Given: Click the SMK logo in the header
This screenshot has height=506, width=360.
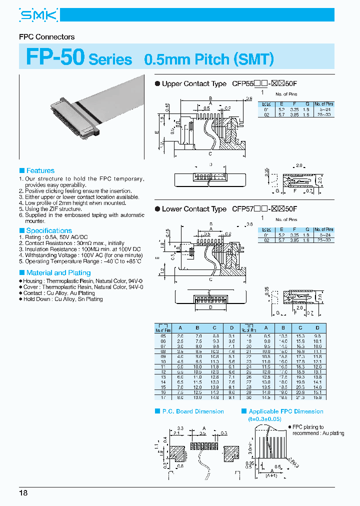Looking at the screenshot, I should pos(39,16).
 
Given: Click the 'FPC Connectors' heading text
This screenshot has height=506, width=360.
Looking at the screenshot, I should pos(46,37).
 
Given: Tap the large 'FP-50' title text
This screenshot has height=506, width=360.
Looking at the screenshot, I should pos(55,57).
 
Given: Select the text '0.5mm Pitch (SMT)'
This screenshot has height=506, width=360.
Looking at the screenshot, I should pos(208,59).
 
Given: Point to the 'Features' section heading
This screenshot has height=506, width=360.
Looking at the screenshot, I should pos(40,170).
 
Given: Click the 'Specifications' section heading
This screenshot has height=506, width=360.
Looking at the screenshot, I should pos(49,230).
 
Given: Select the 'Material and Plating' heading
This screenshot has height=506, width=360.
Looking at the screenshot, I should pos(58,273).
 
